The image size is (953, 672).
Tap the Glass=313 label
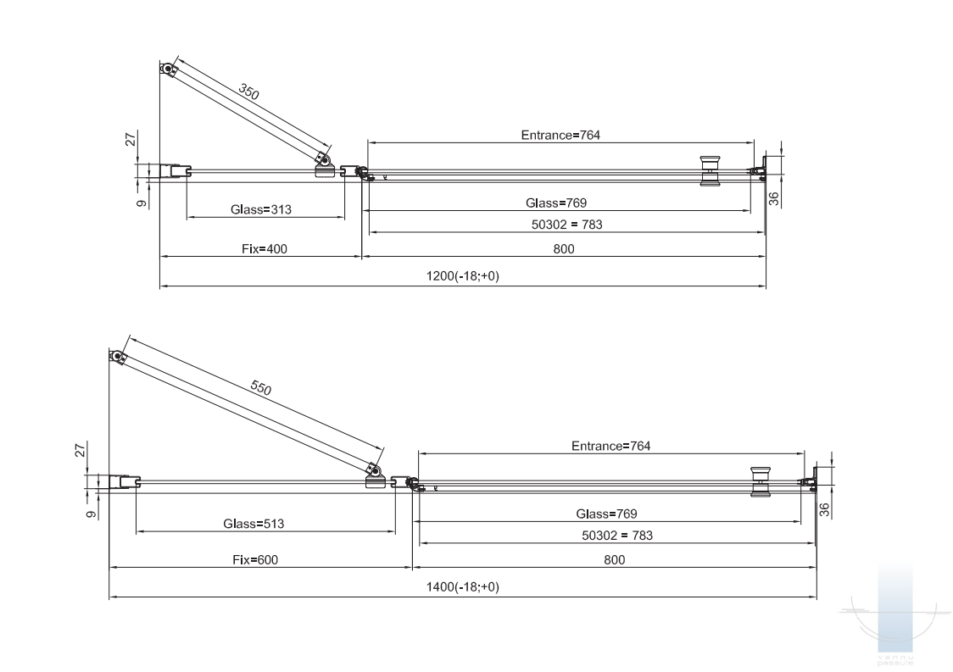click(260, 209)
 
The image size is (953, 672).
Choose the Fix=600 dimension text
click(255, 559)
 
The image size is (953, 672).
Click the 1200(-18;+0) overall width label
click(463, 277)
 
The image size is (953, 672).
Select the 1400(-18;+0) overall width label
click(462, 587)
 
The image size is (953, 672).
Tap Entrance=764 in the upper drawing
click(560, 135)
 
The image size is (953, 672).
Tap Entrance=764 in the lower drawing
click(610, 446)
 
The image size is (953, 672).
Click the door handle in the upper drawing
click(709, 170)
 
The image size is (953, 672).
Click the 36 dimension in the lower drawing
click(824, 510)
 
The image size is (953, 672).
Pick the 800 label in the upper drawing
click(564, 248)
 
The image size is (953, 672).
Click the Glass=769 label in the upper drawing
click(556, 203)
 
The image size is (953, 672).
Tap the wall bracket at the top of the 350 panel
click(168, 69)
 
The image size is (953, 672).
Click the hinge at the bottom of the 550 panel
click(375, 475)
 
